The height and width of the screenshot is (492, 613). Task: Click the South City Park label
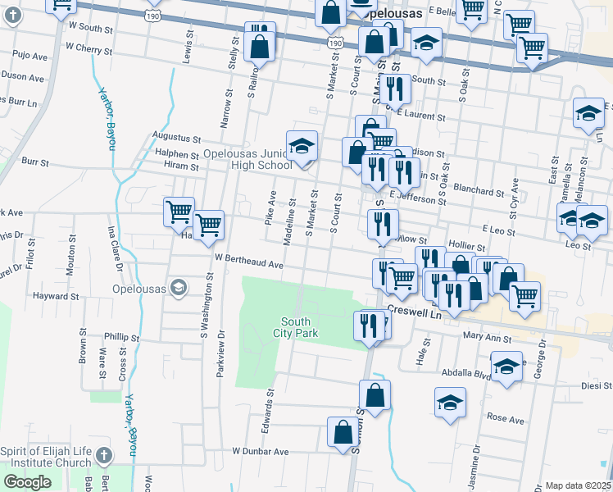(295, 327)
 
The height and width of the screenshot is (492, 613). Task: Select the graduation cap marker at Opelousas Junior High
(302, 147)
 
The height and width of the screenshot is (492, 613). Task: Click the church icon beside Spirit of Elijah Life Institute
(102, 455)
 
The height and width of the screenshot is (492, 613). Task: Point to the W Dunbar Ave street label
(261, 451)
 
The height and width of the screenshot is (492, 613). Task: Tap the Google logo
(27, 482)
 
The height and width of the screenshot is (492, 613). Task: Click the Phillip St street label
(122, 337)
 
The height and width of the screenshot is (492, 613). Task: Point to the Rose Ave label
(505, 419)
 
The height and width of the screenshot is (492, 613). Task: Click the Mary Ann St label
(487, 337)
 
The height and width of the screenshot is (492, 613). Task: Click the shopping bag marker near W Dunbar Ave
(343, 432)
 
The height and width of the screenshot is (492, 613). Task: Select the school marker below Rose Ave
(450, 403)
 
